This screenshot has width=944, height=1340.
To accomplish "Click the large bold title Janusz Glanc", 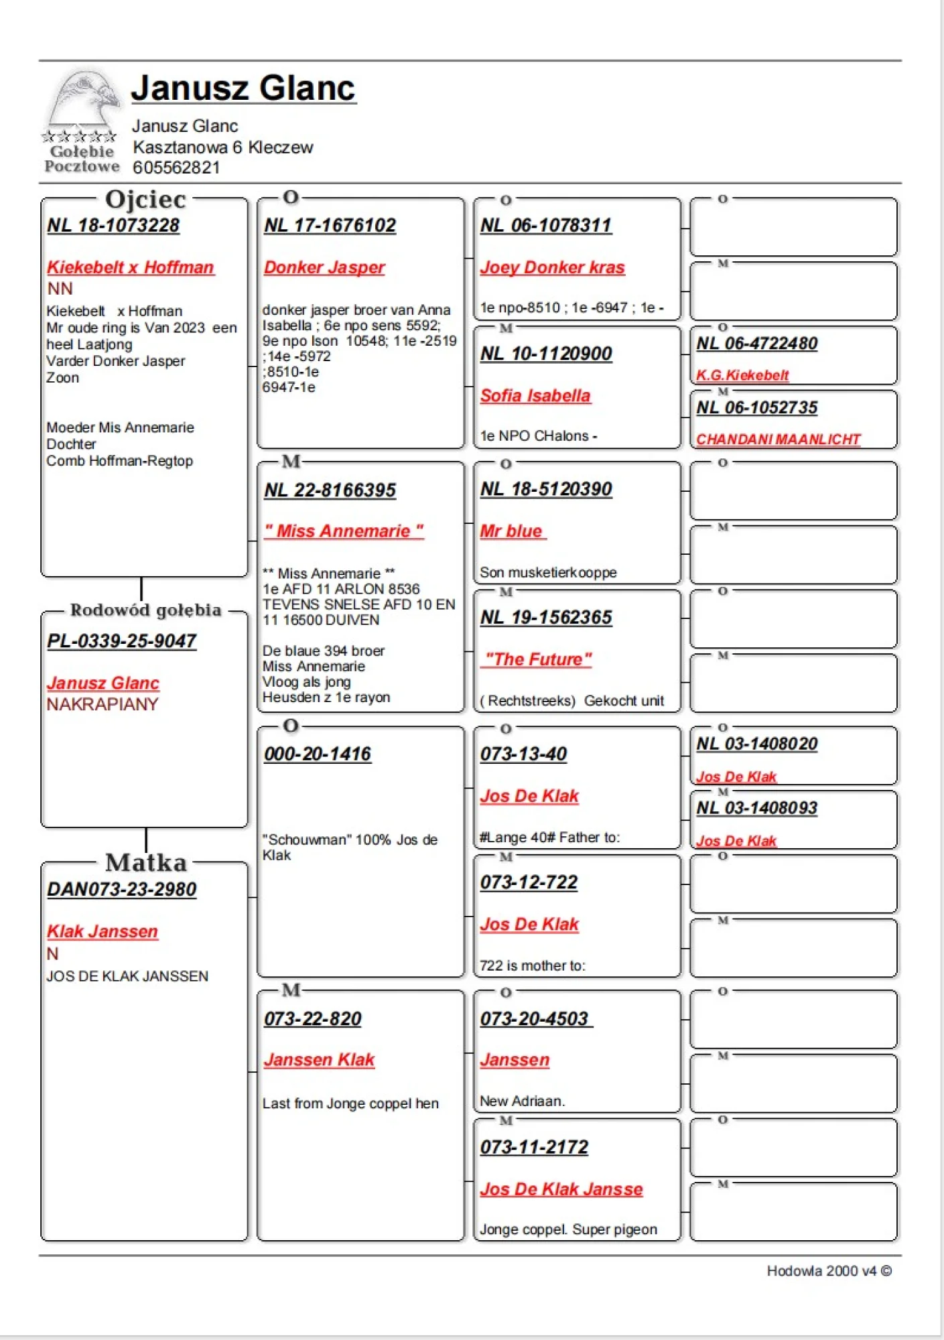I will (x=243, y=88).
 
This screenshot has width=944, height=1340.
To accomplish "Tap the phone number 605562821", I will (x=176, y=167).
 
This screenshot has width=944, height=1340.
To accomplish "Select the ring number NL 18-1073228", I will (x=113, y=226).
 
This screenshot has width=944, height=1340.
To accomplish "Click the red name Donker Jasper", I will (x=324, y=267).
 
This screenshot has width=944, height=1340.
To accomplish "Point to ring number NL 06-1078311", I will (x=546, y=226).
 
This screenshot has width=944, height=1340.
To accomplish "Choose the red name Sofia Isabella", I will (x=535, y=396).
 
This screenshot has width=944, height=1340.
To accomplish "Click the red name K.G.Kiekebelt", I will (x=742, y=375).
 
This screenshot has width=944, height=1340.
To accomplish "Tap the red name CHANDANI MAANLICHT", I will (x=778, y=440).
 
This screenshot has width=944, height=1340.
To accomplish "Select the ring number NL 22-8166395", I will (x=330, y=490).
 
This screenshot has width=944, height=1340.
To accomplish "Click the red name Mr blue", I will (x=511, y=531).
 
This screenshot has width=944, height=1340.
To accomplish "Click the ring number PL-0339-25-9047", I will (x=122, y=642).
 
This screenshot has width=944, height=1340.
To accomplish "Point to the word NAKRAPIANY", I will (x=103, y=704).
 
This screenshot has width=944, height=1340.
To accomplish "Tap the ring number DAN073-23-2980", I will (x=122, y=890).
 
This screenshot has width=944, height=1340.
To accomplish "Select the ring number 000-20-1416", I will (x=318, y=754).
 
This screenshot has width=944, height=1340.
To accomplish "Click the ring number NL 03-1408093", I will (x=757, y=808).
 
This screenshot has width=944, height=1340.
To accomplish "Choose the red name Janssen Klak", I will (x=319, y=1060).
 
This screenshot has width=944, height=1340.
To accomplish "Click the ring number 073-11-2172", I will (x=534, y=1148).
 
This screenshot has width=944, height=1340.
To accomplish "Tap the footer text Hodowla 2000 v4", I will (x=821, y=1271).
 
